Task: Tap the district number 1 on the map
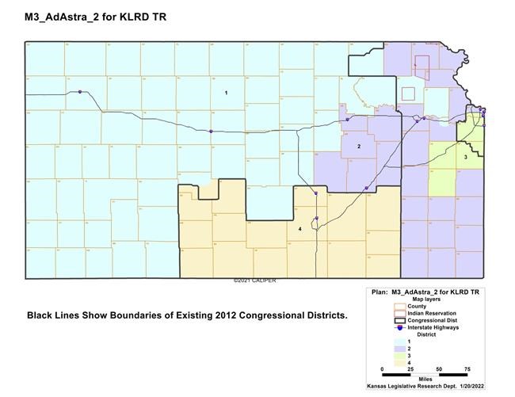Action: (x=227, y=94)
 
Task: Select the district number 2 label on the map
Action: (x=359, y=147)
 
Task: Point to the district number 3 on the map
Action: (x=465, y=158)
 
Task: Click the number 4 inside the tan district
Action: (x=299, y=229)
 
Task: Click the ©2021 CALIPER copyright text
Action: (x=254, y=281)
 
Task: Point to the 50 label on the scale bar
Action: (x=440, y=369)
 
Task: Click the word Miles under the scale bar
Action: (x=425, y=380)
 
